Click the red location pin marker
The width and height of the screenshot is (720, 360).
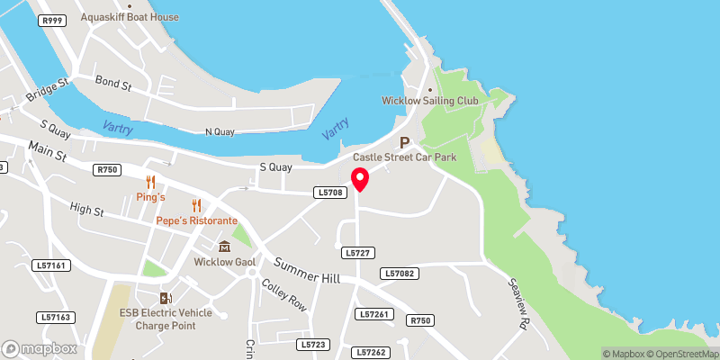pos(359,179)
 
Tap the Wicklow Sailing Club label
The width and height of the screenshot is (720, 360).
pos(433,101)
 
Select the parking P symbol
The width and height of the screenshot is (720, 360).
pos(404,142)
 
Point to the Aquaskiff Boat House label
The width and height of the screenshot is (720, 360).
pos(130,17)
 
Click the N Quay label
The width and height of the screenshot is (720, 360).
pos(220,131)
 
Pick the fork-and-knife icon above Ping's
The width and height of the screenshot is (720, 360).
pos(150,182)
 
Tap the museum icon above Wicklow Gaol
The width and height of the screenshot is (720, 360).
pos(224,246)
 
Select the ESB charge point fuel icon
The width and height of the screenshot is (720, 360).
pos(165,298)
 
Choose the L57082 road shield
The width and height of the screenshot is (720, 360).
pos(399,273)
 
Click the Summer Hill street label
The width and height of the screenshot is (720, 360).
pos(307,271)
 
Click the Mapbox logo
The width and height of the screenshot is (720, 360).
pos(40,348)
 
